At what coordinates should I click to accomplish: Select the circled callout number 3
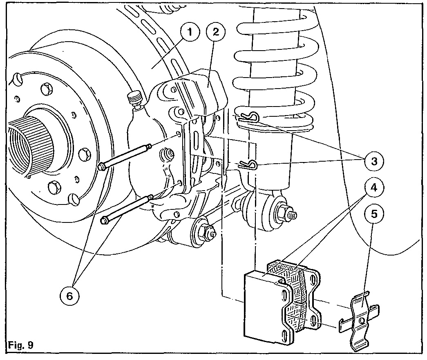pyautogui.click(x=373, y=160)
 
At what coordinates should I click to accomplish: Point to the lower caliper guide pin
pyautogui.click(x=127, y=209)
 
